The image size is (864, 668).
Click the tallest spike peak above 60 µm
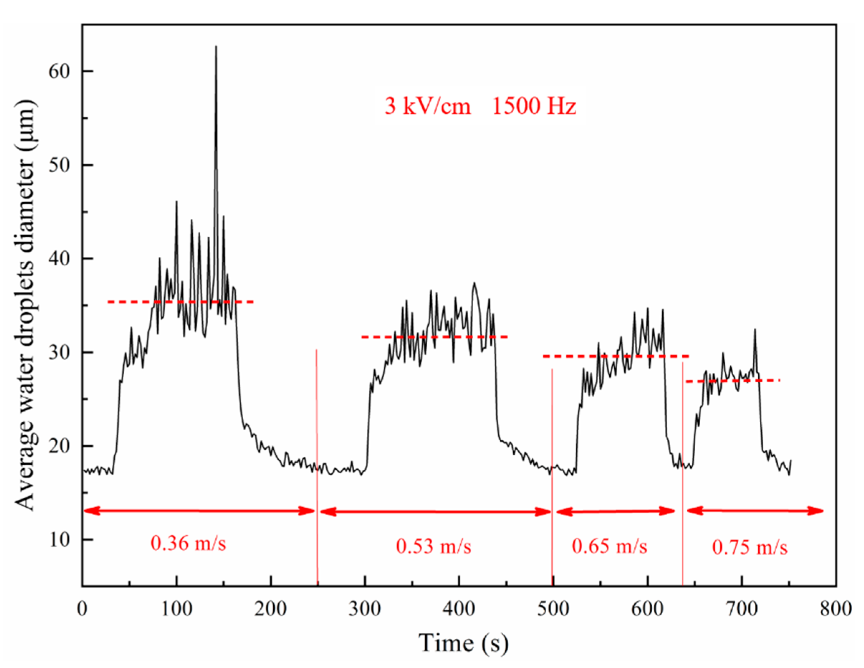[216, 47]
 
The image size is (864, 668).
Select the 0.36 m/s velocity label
[188, 543]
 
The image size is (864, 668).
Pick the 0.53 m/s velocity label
[433, 547]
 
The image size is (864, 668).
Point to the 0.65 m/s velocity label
[609, 547]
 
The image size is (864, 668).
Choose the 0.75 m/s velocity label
[750, 547]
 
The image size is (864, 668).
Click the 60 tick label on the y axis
[59, 72]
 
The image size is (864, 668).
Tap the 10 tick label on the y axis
[59, 539]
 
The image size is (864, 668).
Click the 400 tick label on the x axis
[459, 609]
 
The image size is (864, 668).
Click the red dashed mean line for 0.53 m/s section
[434, 337]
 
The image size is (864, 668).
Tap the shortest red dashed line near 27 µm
[732, 381]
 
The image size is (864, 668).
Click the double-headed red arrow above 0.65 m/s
[615, 512]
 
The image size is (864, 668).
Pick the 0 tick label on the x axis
[82, 609]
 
